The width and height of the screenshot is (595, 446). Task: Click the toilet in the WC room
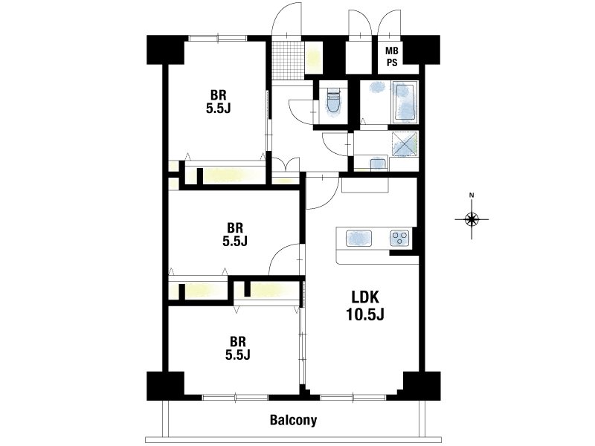point(333,103)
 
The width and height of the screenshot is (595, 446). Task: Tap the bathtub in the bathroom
point(405,102)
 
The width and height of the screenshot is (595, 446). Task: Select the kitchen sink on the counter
point(358,239)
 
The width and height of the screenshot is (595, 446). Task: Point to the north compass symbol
point(472,219)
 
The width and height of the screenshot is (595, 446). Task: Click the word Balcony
point(293,420)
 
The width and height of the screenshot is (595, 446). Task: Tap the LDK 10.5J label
point(365,306)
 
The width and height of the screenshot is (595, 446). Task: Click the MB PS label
point(392,56)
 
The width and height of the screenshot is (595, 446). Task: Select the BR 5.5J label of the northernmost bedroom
point(218,101)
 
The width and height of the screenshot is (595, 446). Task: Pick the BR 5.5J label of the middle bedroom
point(235,234)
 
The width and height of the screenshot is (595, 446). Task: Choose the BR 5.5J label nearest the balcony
point(237,348)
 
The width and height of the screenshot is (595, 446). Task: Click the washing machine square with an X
point(405,143)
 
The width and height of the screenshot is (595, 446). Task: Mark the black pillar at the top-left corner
point(165,50)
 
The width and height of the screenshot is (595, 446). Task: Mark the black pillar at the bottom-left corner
point(165,386)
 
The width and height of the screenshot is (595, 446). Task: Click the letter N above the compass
point(472,195)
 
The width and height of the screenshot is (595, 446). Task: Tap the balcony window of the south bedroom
point(235,398)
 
